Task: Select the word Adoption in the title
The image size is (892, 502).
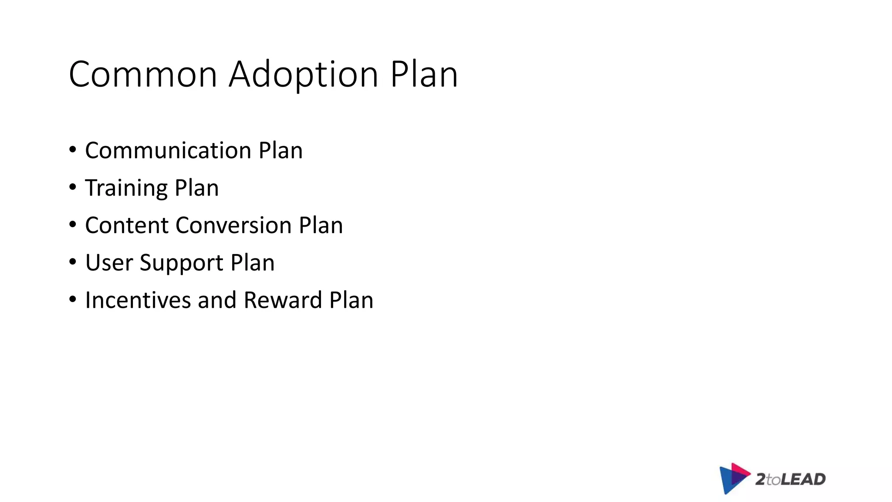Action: click(x=303, y=75)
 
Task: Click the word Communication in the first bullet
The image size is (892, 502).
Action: click(x=168, y=150)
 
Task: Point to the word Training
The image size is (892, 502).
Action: click(x=126, y=188)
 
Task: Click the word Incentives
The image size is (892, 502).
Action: click(x=138, y=300)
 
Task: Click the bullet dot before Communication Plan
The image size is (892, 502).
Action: click(x=73, y=150)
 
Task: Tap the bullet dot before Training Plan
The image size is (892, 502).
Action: click(x=73, y=188)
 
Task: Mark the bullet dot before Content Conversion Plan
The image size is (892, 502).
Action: click(x=73, y=225)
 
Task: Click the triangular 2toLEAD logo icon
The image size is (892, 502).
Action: click(x=733, y=478)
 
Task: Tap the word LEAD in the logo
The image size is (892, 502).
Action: click(x=803, y=479)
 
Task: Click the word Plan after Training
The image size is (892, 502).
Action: click(x=196, y=188)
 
